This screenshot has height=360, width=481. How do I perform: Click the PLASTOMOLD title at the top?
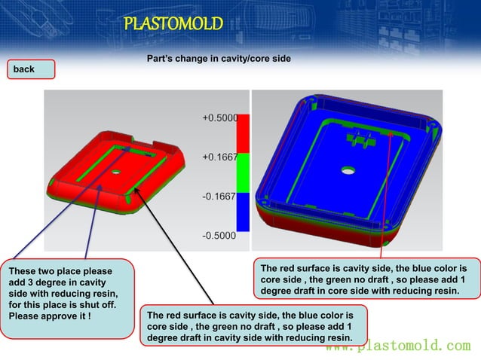click(x=173, y=24)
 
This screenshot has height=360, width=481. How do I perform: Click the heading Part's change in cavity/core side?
click(x=219, y=59)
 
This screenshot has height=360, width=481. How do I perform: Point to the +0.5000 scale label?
click(x=219, y=118)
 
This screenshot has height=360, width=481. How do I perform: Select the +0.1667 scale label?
click(x=219, y=157)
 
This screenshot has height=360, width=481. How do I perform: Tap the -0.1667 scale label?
click(x=219, y=196)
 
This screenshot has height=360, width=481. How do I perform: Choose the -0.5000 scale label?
click(x=219, y=235)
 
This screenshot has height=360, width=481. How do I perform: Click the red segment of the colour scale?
click(x=243, y=140)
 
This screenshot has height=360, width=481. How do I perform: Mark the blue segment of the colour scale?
click(x=243, y=214)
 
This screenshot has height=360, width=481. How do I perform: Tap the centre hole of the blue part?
click(x=348, y=171)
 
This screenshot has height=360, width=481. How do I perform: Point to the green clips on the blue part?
click(x=360, y=138)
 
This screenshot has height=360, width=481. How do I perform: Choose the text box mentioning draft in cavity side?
click(x=253, y=326)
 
